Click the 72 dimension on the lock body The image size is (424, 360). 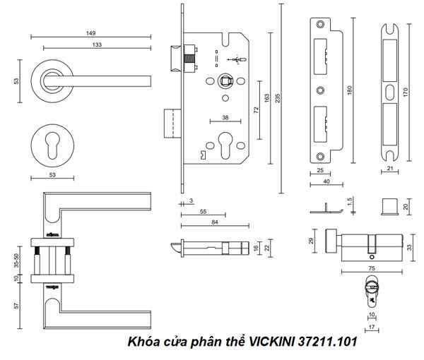256,111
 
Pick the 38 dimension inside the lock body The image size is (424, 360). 224,118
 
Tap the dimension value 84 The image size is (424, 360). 204,222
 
